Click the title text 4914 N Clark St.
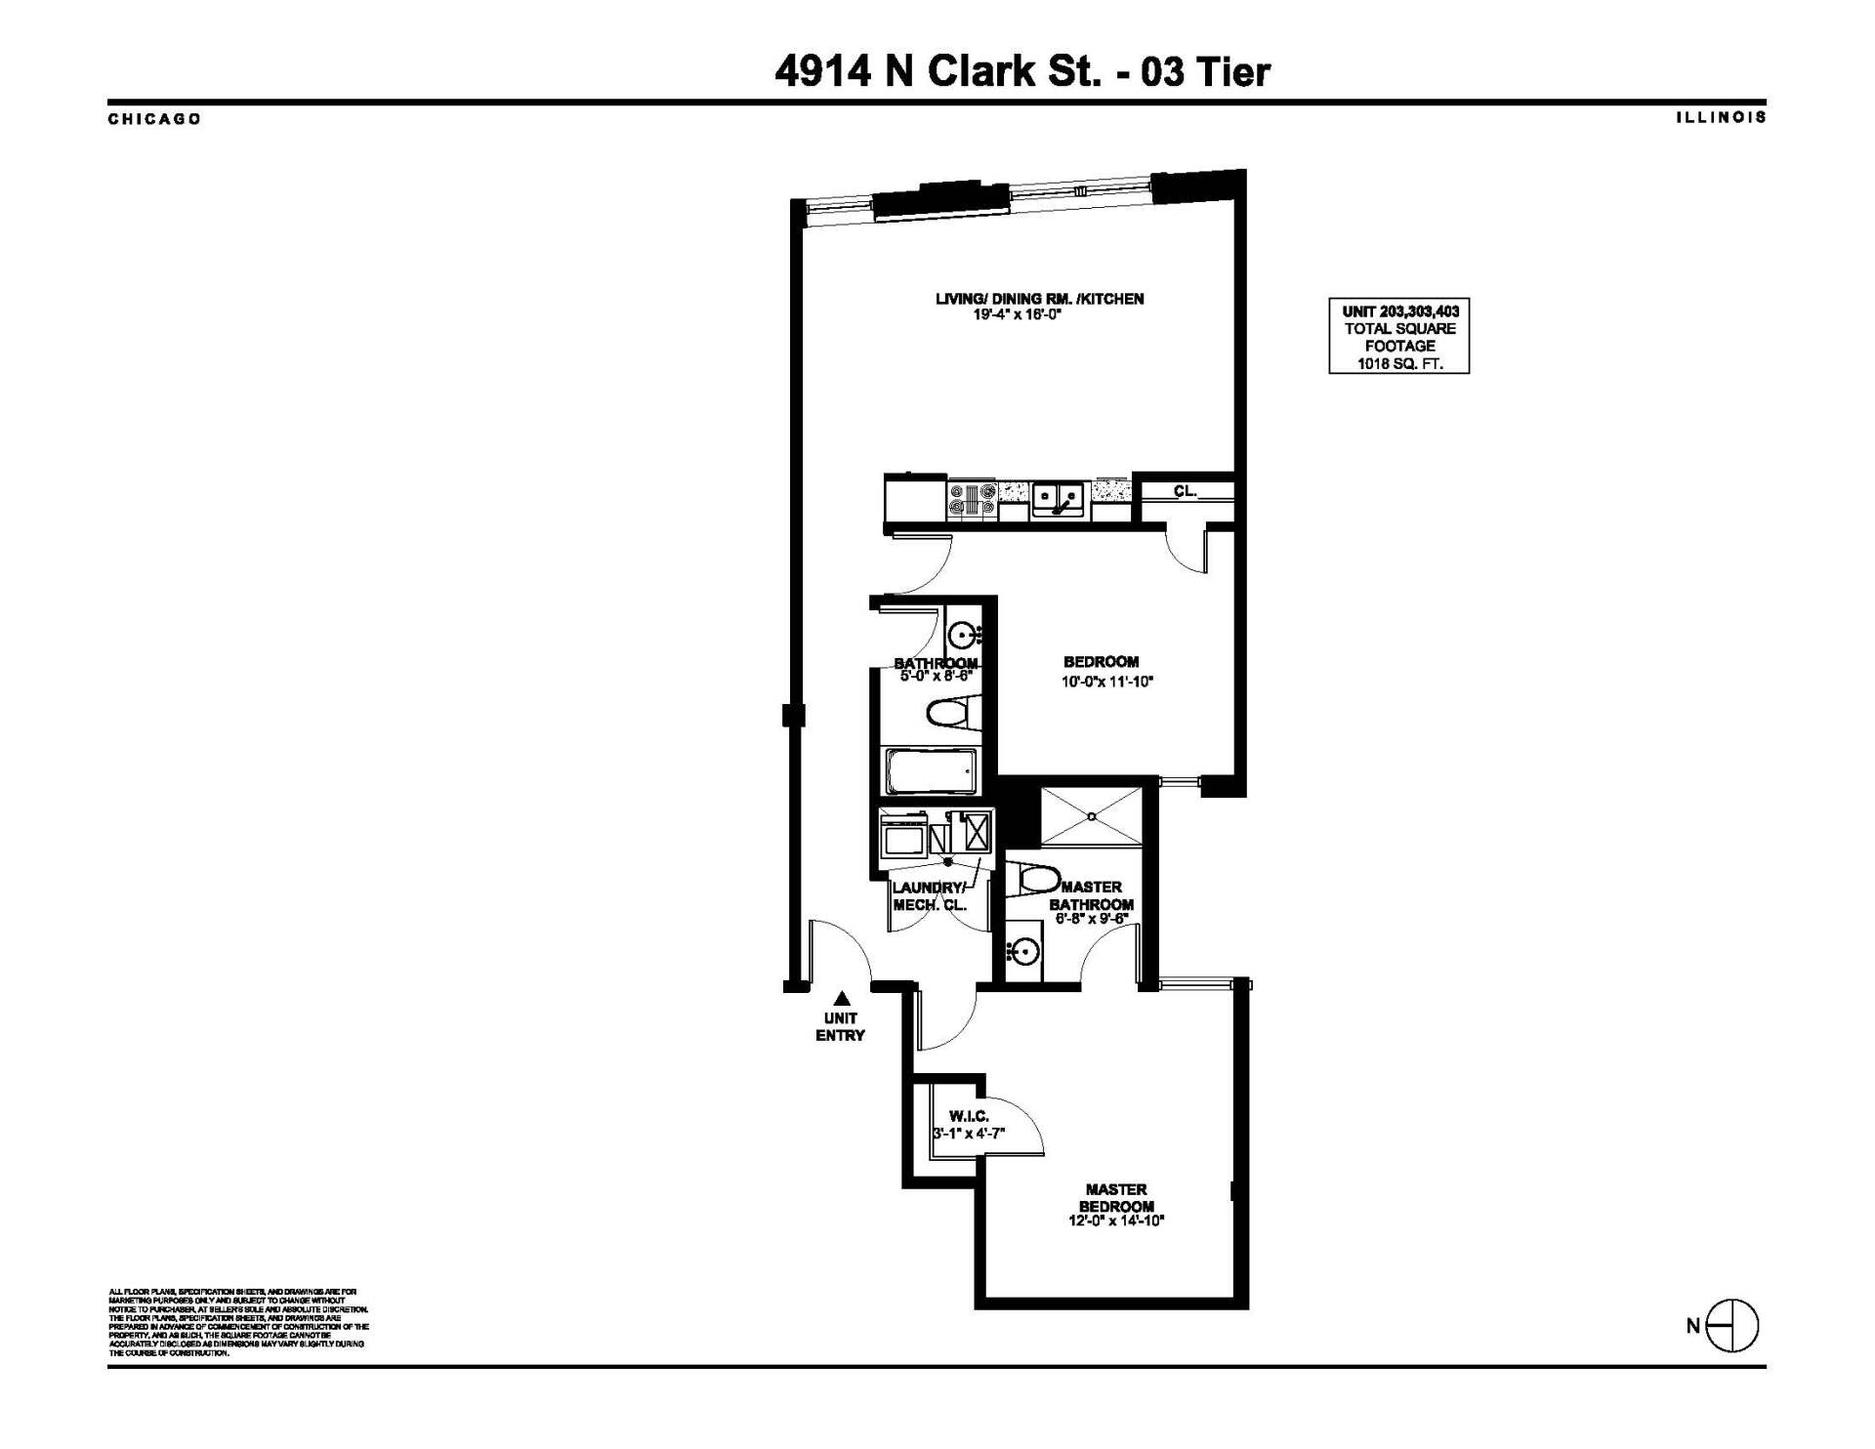click(937, 71)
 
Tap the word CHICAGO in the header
click(154, 119)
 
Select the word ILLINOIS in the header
click(1721, 117)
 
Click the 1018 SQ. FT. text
click(1399, 364)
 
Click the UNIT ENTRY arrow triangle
click(841, 998)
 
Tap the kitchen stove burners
click(972, 499)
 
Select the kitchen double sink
click(1058, 499)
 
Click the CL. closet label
click(1185, 491)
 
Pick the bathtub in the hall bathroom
click(931, 771)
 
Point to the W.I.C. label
click(969, 1116)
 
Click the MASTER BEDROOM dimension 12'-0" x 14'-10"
click(1116, 1221)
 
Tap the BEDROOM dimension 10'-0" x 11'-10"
click(1106, 682)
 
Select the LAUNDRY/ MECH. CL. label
click(929, 896)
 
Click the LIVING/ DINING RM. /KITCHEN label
click(1039, 299)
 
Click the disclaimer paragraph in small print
click(238, 1322)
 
